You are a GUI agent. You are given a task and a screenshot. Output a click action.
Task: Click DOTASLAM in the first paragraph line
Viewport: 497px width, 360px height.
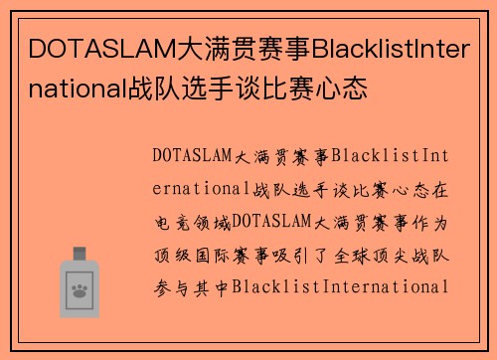[x=193, y=156]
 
